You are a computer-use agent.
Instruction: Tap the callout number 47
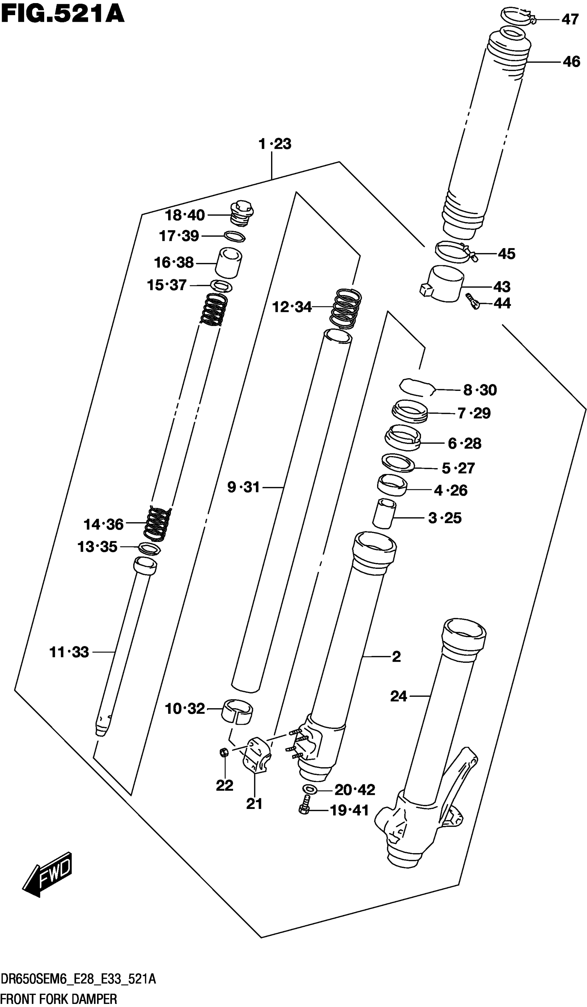click(x=570, y=19)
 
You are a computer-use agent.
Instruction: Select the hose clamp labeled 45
click(x=454, y=251)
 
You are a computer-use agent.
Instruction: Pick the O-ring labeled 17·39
click(x=234, y=236)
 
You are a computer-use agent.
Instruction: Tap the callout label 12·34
click(x=291, y=307)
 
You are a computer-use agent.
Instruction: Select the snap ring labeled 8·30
click(x=417, y=387)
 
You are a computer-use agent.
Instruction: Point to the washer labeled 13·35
click(x=149, y=548)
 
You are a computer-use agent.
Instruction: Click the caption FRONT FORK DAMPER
click(x=59, y=999)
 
